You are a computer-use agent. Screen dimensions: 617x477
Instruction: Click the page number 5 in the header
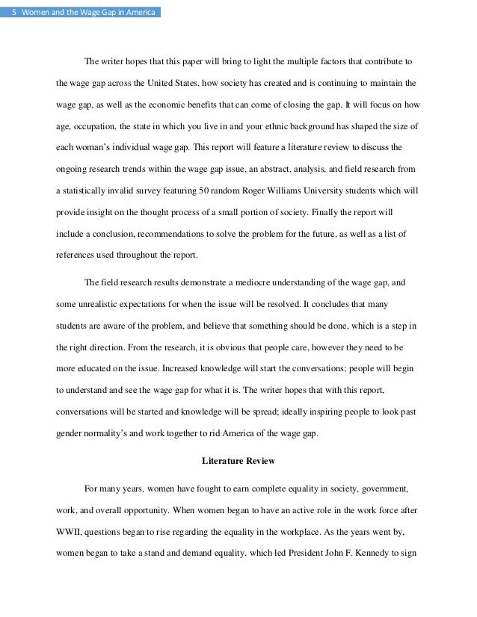click(13, 12)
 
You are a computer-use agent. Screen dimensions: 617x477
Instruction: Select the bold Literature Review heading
click(238, 460)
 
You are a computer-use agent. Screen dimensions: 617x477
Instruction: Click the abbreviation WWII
click(69, 532)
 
